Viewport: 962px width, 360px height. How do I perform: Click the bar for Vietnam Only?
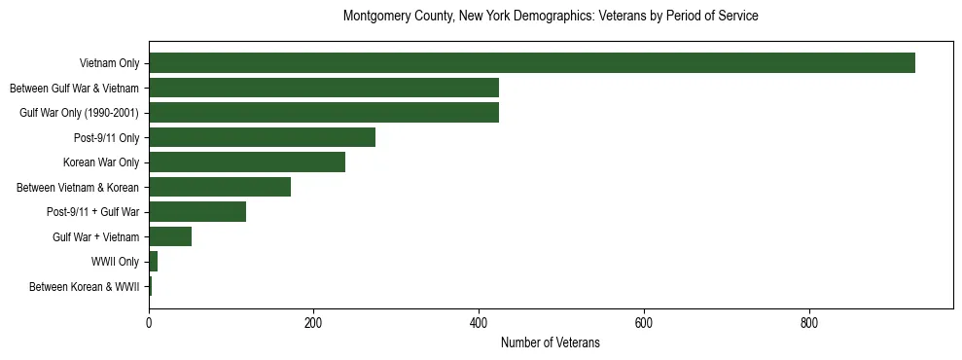pos(531,63)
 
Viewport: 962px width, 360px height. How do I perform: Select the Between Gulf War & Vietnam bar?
pos(323,89)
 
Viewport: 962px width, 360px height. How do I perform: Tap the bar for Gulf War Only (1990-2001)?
pos(323,113)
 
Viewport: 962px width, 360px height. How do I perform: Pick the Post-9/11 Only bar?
pos(262,138)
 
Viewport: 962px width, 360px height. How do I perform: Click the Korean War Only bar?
pos(247,162)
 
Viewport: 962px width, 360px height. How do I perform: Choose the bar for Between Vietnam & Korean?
pos(220,187)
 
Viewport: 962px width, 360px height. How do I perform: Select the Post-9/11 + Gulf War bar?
pos(197,212)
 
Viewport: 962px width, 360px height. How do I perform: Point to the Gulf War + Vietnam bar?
pos(170,236)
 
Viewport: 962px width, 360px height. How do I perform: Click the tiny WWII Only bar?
pos(153,262)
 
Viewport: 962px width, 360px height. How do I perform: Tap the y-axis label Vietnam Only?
pos(109,64)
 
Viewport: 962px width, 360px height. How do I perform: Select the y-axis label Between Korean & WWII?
pos(84,287)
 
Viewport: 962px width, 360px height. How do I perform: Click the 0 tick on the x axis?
pos(149,322)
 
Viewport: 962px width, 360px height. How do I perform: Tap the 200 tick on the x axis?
pos(313,322)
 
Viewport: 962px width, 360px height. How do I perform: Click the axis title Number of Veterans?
pos(550,343)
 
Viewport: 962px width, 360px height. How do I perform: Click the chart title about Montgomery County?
pos(551,17)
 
